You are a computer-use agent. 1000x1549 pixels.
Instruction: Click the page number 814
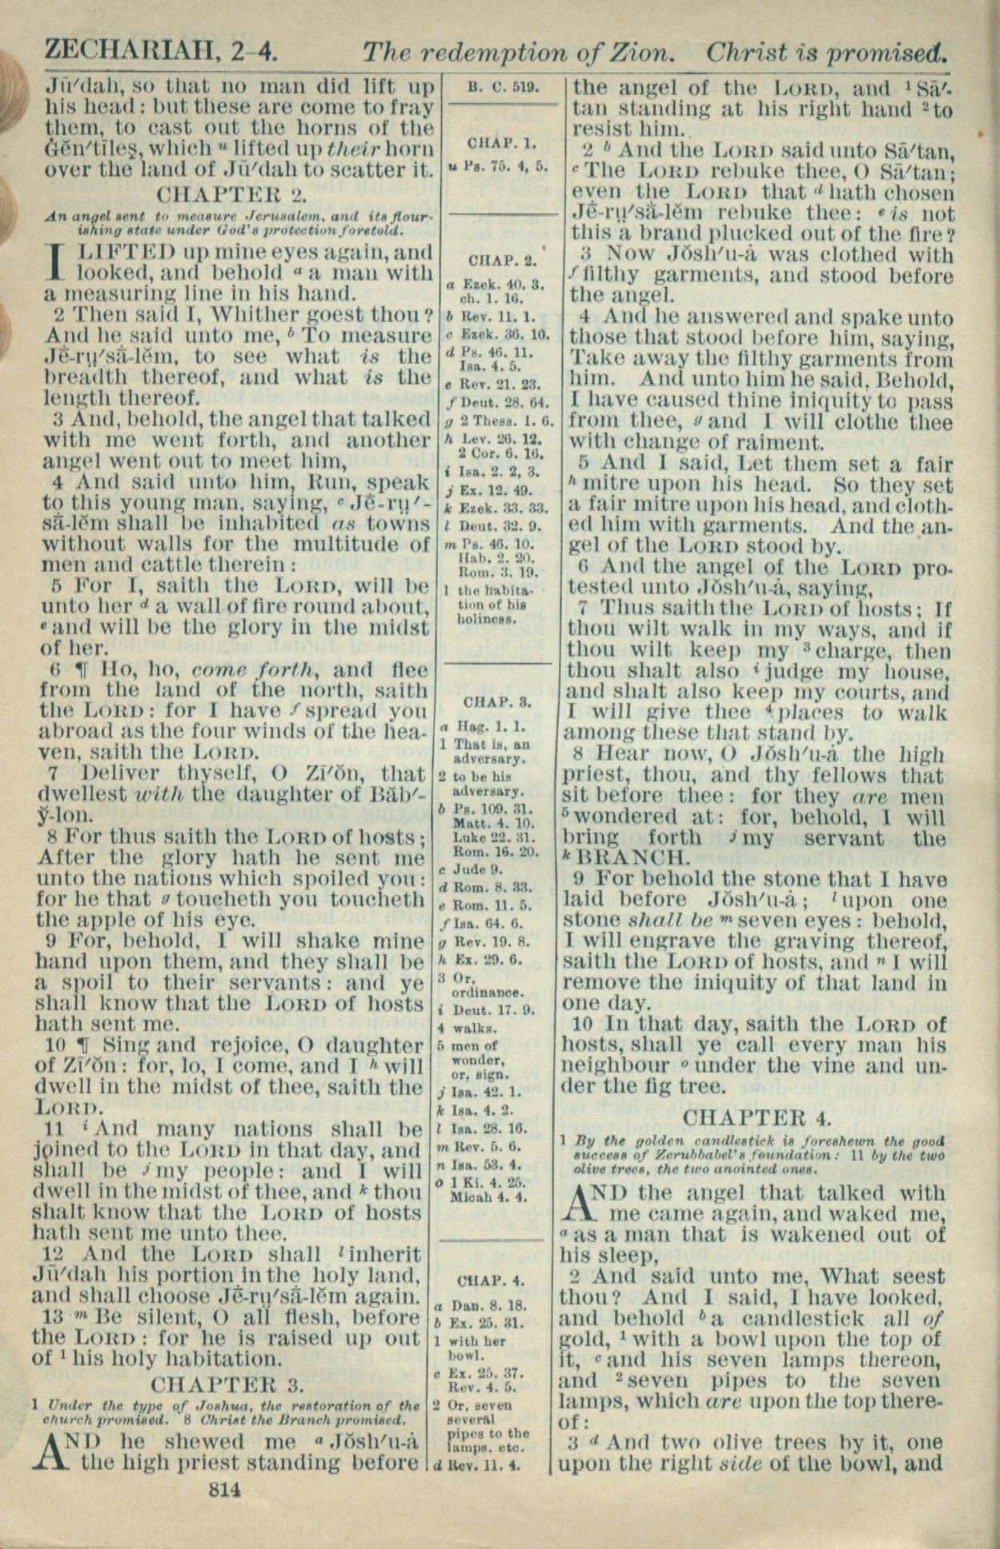click(x=225, y=1489)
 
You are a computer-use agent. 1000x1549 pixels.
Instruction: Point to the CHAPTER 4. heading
click(x=757, y=1117)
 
